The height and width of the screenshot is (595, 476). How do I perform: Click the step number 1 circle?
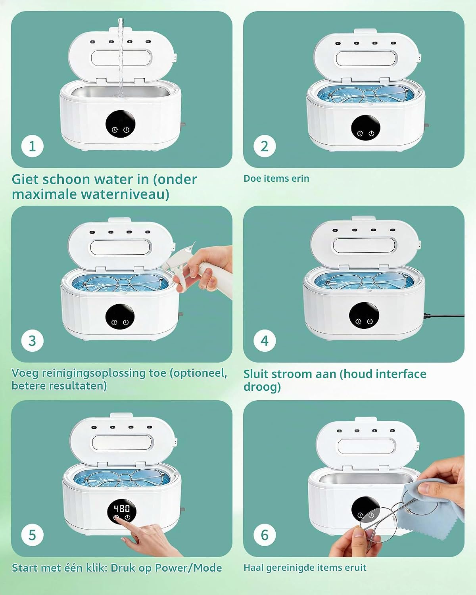tap(33, 146)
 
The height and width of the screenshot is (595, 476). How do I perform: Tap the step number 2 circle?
tap(265, 146)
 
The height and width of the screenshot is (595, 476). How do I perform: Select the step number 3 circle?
tap(33, 341)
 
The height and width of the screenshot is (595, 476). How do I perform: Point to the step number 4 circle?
tap(265, 341)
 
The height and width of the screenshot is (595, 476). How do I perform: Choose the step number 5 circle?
tap(33, 535)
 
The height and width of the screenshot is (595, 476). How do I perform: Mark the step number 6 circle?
tap(265, 535)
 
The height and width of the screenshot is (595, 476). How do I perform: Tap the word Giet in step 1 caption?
tap(25, 179)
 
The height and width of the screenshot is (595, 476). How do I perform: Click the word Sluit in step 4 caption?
tap(256, 374)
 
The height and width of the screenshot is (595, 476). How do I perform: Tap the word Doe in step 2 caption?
tap(252, 178)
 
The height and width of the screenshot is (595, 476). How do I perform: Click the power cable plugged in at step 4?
tap(444, 315)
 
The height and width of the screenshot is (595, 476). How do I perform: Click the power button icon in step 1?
tap(126, 130)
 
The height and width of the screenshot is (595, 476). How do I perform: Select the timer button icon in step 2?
tap(360, 134)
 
